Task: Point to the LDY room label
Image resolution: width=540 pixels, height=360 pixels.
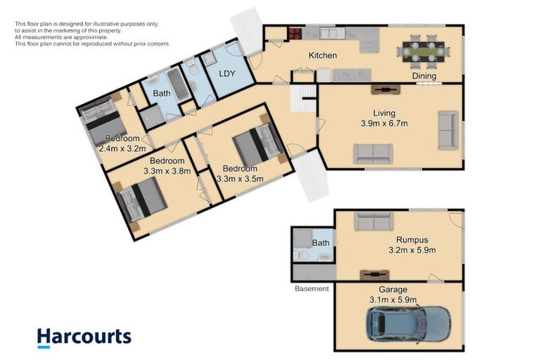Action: point(226,72)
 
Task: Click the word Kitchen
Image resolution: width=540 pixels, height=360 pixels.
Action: point(323,55)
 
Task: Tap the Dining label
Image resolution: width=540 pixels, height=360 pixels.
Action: point(424,76)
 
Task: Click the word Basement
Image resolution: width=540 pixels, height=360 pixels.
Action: point(311,288)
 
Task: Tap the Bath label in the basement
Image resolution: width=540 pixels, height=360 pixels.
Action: point(320,243)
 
